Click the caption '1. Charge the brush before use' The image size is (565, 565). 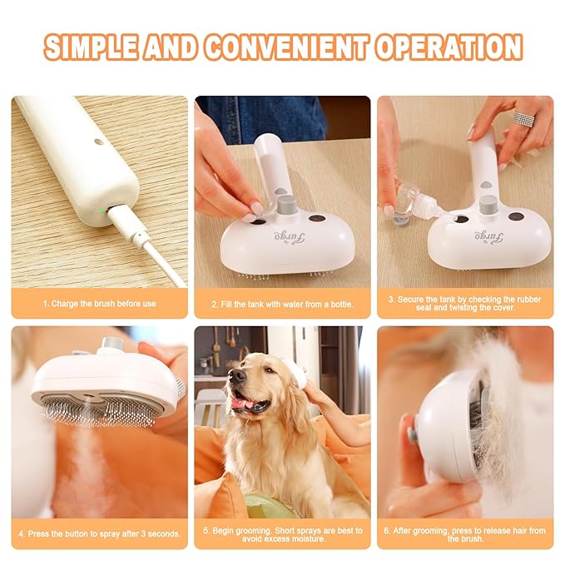click(99, 304)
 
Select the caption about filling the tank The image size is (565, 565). click(282, 304)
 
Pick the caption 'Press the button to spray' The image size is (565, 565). click(99, 533)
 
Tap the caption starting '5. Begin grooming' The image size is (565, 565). click(282, 533)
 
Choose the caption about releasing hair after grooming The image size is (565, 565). click(465, 533)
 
